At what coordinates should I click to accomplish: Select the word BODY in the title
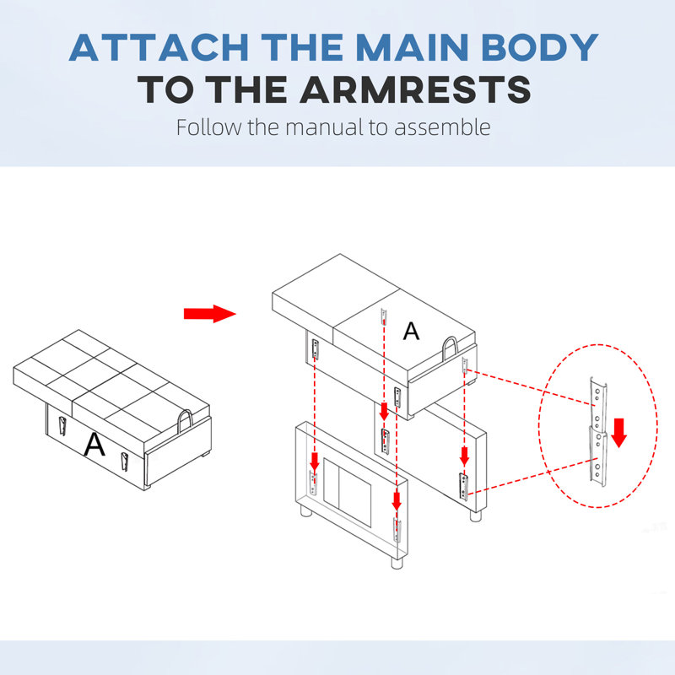[x=540, y=47]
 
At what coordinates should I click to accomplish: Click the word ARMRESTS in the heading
[x=415, y=89]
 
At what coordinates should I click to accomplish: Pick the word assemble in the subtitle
[x=442, y=127]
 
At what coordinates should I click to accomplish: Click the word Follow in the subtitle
[x=209, y=127]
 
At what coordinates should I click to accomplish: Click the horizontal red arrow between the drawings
[x=209, y=314]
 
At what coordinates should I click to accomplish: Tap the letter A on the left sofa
[x=94, y=444]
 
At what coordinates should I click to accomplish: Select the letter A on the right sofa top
[x=411, y=331]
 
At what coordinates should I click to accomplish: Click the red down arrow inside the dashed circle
[x=619, y=433]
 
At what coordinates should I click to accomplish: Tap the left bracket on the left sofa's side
[x=62, y=426]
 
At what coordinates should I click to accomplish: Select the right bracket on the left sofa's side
[x=124, y=462]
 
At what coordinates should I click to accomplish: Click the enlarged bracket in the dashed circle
[x=598, y=431]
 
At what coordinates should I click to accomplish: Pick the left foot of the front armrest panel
[x=306, y=511]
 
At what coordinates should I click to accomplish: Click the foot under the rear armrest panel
[x=475, y=516]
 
